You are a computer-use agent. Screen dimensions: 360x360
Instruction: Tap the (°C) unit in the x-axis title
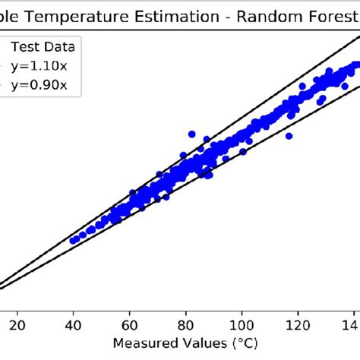(233, 343)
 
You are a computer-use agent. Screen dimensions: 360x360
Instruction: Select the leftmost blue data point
(74, 241)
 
